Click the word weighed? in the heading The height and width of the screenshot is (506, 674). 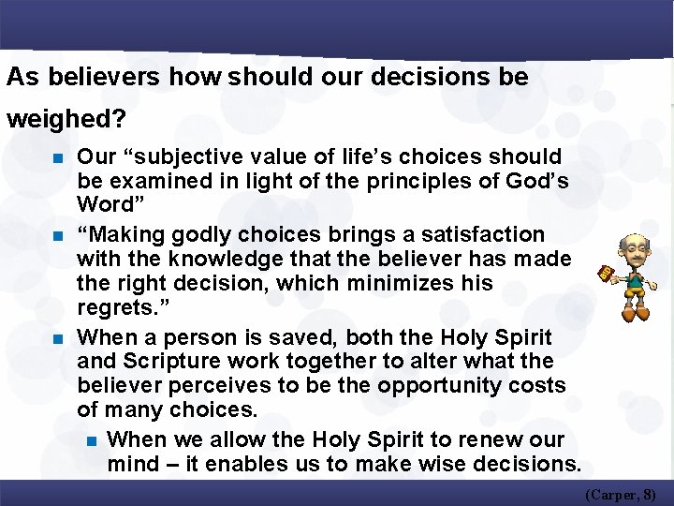coord(67,120)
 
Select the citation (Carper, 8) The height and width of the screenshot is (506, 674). coord(621,493)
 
